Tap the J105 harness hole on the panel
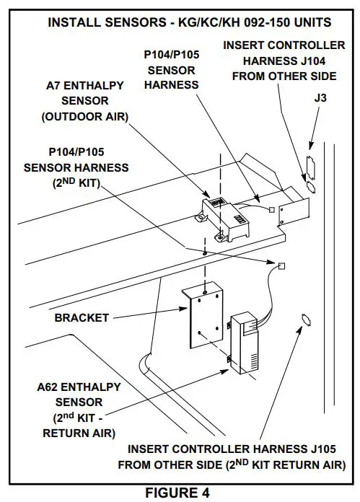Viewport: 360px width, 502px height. [x=305, y=319]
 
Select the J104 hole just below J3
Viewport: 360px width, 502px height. [x=311, y=186]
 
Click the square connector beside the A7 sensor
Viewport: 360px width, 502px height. [x=271, y=210]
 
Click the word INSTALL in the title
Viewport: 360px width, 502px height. [x=74, y=23]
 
